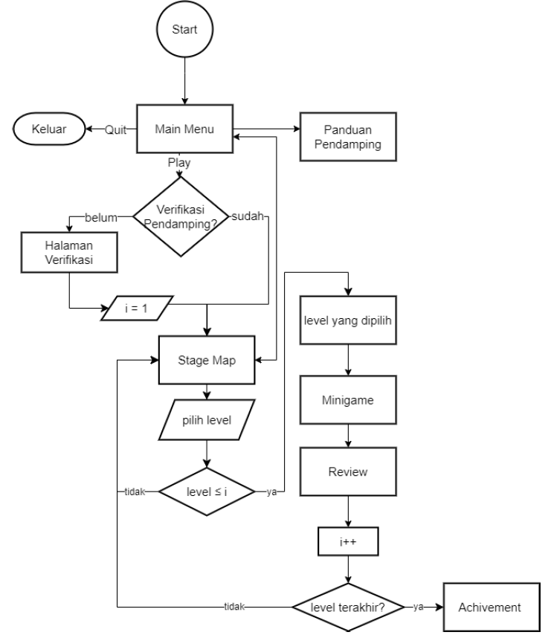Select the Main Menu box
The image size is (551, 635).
pyautogui.click(x=184, y=128)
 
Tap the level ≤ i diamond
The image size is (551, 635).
pyautogui.click(x=206, y=491)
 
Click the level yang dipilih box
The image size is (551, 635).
pyautogui.click(x=348, y=321)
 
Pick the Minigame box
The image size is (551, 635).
pyautogui.click(x=348, y=399)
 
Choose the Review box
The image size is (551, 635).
pyautogui.click(x=348, y=471)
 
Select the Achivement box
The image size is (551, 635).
pyautogui.click(x=490, y=606)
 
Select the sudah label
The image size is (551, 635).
pyautogui.click(x=248, y=217)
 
